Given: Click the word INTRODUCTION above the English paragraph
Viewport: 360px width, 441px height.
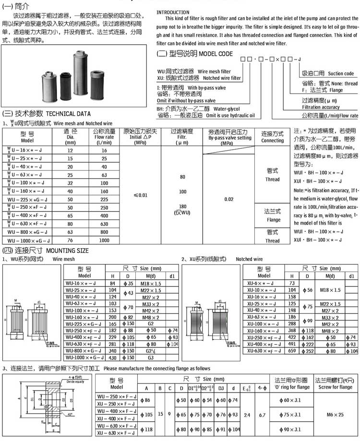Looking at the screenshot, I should point(173,12).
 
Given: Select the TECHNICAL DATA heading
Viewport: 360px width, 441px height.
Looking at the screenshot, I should point(68,114).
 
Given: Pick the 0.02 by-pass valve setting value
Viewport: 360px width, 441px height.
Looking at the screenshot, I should point(228,199).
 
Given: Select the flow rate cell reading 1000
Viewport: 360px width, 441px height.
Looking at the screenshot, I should point(104,240).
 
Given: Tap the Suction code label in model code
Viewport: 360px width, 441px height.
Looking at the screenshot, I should point(341,73).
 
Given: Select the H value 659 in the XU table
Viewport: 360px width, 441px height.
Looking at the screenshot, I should point(292,351).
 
